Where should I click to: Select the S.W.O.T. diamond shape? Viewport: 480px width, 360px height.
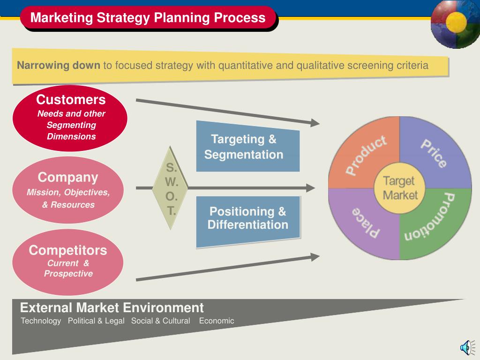170,187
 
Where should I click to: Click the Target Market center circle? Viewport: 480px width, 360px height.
399,188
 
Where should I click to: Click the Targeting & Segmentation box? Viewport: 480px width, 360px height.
247,146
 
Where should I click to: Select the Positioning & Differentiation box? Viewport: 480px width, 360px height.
248,221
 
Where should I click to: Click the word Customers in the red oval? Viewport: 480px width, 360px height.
71,99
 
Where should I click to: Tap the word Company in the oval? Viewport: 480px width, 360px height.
68,178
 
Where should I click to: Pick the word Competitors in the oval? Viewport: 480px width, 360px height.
68,250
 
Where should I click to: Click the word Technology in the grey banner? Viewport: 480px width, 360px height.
41,321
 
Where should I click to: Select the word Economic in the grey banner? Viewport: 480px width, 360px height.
217,321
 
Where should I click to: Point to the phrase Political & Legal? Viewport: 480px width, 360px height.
96,321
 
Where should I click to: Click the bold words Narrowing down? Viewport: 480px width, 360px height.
59,65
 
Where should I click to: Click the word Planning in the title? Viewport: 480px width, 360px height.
181,18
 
